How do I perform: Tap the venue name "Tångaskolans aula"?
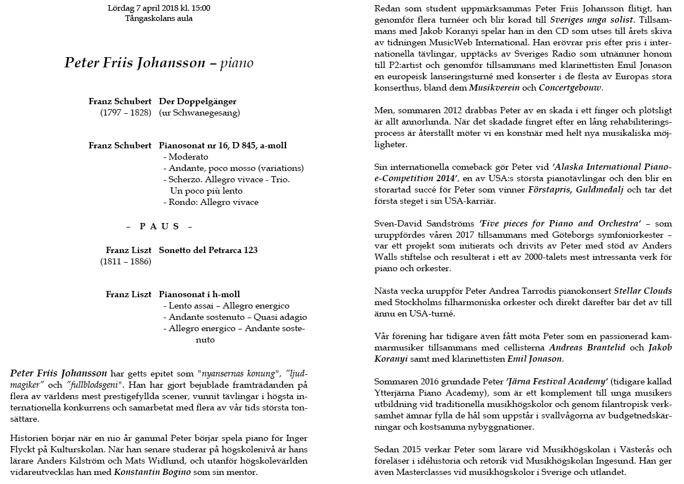(159, 18)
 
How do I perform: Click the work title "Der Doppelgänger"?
(198, 102)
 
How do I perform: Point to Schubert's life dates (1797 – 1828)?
(125, 113)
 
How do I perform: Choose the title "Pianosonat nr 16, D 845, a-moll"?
(223, 145)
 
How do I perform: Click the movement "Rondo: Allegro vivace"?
(211, 202)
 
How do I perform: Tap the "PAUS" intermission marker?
(159, 226)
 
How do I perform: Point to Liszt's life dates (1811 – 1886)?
(125, 262)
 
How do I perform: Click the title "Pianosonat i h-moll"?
(200, 294)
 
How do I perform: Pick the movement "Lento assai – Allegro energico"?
(226, 306)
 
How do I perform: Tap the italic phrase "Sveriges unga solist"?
(575, 19)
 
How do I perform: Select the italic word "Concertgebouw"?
(570, 88)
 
